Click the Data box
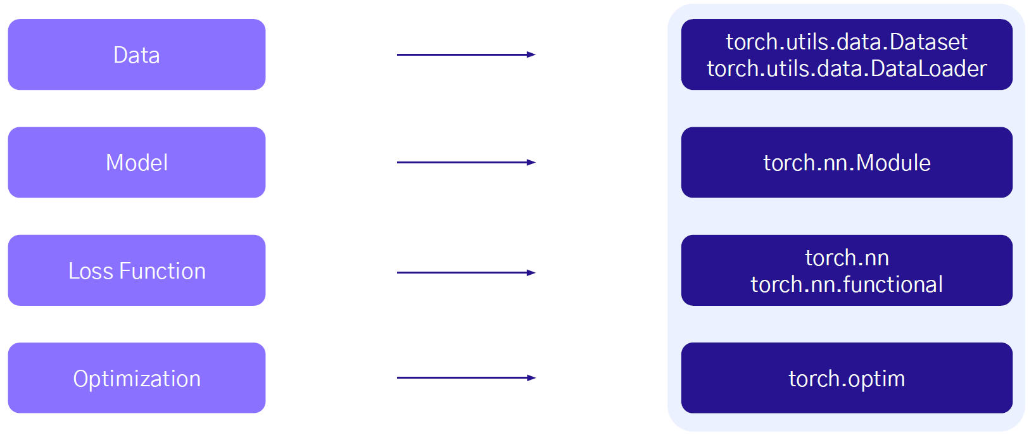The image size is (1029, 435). (136, 54)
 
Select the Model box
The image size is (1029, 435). (136, 163)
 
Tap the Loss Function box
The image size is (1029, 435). (136, 270)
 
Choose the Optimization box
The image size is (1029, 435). (136, 378)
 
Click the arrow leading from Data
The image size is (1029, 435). (465, 55)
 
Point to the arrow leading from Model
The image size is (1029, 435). (465, 163)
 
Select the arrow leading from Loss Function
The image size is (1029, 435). (465, 273)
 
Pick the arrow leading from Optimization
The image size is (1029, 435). (465, 378)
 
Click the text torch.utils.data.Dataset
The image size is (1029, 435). (846, 42)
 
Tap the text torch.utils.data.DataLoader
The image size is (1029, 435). (846, 68)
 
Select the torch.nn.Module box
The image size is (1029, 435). (846, 163)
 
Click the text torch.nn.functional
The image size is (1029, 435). (846, 284)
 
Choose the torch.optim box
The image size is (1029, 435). (846, 378)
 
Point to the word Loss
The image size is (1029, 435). (91, 271)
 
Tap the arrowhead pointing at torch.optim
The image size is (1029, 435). (531, 378)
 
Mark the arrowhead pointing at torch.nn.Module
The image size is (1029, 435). (531, 163)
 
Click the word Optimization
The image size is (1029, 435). (137, 379)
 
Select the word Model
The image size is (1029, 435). (137, 163)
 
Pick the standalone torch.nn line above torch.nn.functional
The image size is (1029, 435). (847, 258)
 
